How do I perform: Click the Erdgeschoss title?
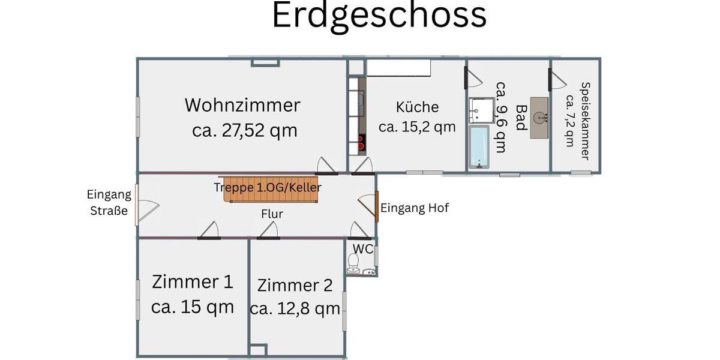379,16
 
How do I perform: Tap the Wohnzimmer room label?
242,105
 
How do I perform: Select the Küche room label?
417,107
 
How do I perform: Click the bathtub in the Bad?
479,146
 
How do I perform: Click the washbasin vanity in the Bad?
539,118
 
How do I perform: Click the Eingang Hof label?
415,208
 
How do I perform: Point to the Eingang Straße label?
109,202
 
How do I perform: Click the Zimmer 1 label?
192,281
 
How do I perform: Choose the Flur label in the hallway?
272,214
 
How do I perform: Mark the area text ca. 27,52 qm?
245,131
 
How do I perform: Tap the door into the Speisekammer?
558,79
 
